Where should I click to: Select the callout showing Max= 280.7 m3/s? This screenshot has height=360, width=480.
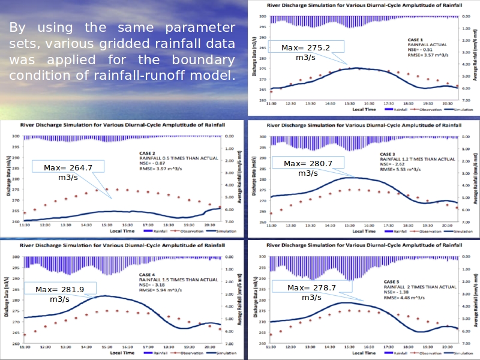[x=308, y=168]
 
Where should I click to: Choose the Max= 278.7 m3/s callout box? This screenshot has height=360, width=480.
[x=311, y=292]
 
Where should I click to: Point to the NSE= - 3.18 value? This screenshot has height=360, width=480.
[x=155, y=285]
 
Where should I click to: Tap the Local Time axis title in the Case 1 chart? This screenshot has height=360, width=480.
[x=364, y=110]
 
